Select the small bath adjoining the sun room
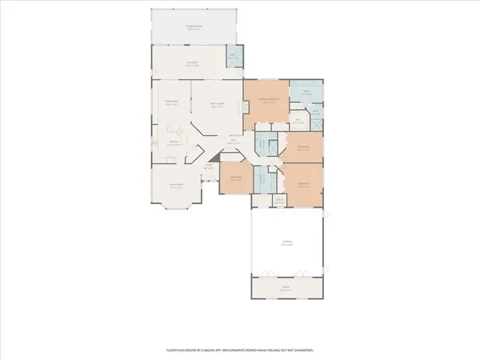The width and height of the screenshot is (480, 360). tap(233, 57)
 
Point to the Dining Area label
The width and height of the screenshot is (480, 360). tap(170, 103)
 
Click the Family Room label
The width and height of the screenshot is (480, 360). tap(217, 106)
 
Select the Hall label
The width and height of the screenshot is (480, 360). tap(233, 141)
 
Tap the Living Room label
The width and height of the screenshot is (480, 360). tap(176, 187)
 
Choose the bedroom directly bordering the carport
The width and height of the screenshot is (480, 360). tap(303, 184)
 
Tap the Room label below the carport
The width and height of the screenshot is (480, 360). tap(285, 287)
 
